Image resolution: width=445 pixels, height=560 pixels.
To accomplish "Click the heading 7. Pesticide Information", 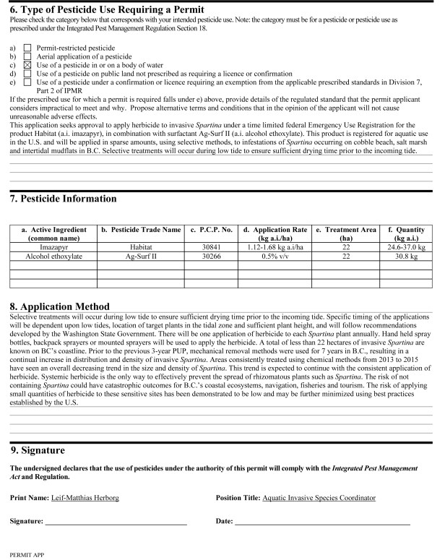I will click(x=66, y=198).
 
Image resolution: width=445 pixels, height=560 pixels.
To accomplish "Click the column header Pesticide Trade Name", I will click(x=141, y=230).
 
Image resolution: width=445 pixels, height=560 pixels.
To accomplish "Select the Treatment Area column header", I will click(x=347, y=233).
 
